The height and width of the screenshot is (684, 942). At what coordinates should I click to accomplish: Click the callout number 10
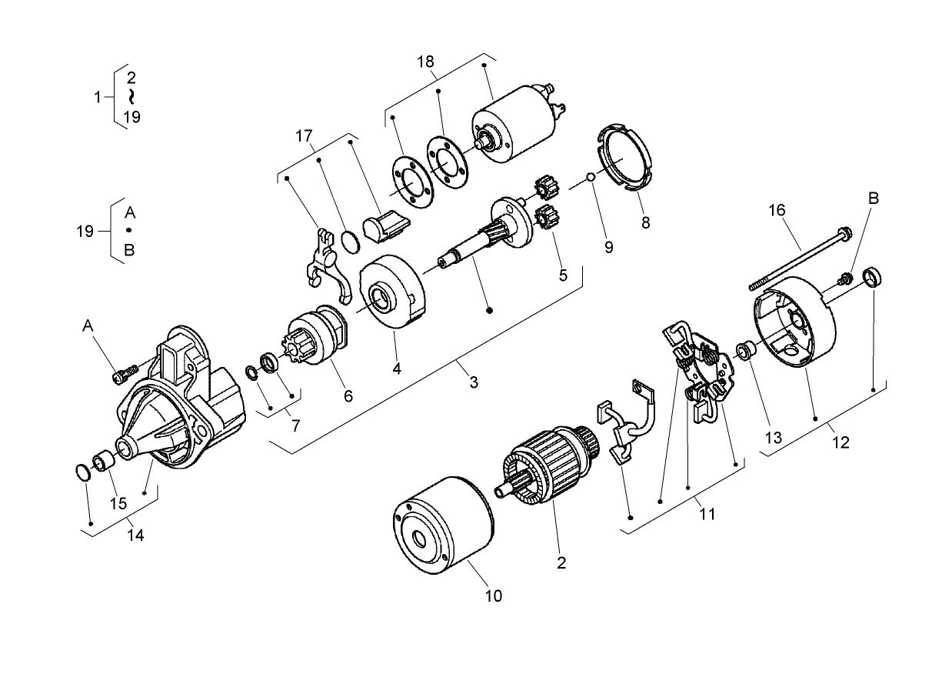point(494,596)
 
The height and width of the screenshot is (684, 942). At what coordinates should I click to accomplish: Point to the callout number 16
point(776,209)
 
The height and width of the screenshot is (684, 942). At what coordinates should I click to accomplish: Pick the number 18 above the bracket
point(425,62)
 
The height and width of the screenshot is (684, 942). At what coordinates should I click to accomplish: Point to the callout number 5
point(563,275)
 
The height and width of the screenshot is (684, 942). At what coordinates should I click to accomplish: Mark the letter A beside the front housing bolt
point(89,328)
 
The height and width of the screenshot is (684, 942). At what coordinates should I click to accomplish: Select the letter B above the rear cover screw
point(874,198)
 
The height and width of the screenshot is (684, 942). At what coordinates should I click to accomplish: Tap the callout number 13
point(772,438)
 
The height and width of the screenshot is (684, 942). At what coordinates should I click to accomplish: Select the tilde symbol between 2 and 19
point(131,96)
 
